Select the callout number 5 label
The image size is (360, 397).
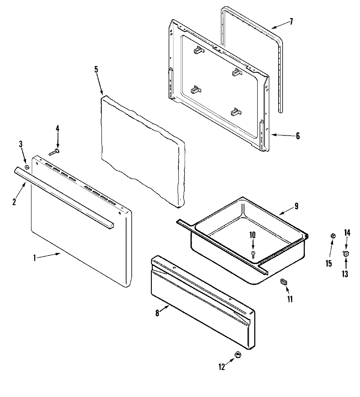(x=96, y=69)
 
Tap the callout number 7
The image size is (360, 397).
(x=291, y=22)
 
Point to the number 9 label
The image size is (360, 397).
(x=296, y=206)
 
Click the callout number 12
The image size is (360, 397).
(x=221, y=367)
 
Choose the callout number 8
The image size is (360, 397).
(x=157, y=313)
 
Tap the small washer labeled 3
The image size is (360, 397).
(x=27, y=167)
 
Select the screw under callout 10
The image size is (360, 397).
(x=253, y=254)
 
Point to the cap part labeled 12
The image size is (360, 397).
(x=238, y=355)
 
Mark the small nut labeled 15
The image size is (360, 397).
(x=332, y=236)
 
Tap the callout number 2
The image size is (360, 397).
(x=14, y=202)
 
